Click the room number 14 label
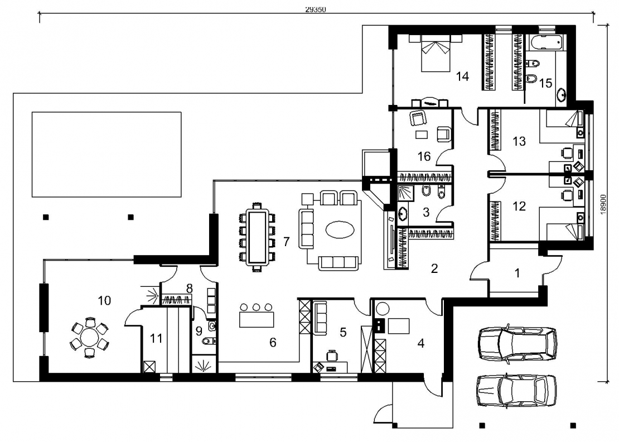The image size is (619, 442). click(462, 76)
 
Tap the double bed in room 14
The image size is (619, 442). click(436, 53)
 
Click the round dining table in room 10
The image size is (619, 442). click(90, 338)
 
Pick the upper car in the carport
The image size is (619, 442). click(518, 343)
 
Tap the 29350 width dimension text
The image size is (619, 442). click(316, 10)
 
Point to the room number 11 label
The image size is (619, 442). click(156, 338)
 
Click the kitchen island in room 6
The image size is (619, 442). click(257, 319)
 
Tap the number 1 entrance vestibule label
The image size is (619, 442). click(517, 273)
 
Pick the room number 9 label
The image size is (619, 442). click(199, 330)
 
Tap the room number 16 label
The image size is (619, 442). click(424, 156)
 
